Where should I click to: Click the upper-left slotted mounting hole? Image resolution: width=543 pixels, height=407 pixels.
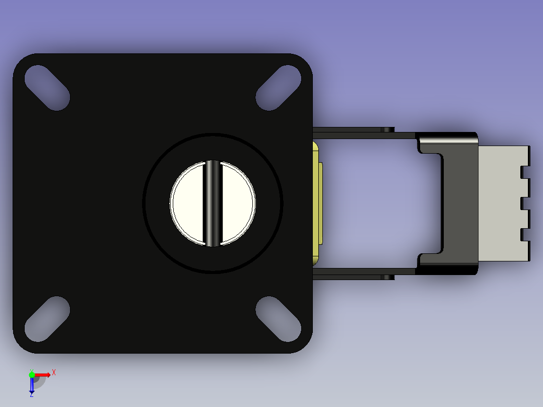pos(47,88)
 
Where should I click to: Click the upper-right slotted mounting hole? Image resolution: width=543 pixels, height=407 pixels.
pos(279,88)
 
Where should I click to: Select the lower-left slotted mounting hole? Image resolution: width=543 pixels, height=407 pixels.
pos(47,319)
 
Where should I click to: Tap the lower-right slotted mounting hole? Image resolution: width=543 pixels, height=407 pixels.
pos(279,319)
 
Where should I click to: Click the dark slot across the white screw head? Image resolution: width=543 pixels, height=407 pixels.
pos(213,203)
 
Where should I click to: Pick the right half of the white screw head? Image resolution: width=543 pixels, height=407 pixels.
pos(238,203)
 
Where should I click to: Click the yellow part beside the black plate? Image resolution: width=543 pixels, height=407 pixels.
pos(316,203)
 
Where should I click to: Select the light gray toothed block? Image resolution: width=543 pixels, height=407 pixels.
pos(504,203)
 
